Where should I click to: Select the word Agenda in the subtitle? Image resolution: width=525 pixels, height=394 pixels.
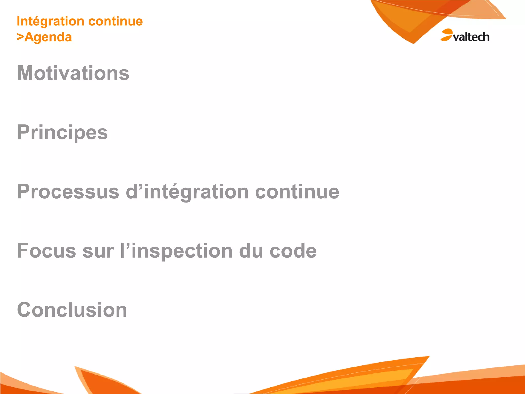[x=48, y=37]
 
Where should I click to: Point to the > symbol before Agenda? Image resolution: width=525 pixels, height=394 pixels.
[x=20, y=37]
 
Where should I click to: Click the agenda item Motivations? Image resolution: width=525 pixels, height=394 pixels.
[x=73, y=73]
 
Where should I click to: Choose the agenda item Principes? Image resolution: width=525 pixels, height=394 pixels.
[x=62, y=133]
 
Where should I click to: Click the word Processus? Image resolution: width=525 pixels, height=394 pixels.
[x=68, y=192]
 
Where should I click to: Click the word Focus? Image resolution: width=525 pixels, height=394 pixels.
[x=46, y=251]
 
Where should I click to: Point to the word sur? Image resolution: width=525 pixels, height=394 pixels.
[x=98, y=251]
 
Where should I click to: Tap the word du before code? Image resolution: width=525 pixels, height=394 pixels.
[x=251, y=251]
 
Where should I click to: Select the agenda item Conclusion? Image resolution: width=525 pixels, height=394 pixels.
[x=72, y=310]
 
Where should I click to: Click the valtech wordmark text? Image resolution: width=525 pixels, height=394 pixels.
[x=471, y=37]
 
